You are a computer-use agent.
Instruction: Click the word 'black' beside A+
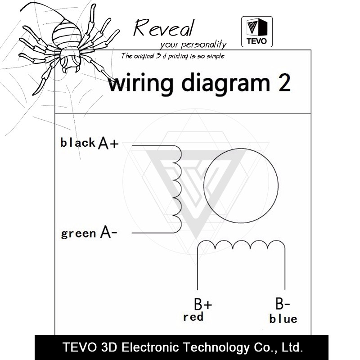click(x=78, y=143)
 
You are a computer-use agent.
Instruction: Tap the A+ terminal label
click(x=108, y=143)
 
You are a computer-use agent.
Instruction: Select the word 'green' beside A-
click(x=78, y=234)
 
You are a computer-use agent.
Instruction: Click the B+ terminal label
click(x=203, y=304)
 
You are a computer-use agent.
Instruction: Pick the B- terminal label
click(x=283, y=303)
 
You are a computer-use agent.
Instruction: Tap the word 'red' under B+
click(x=193, y=317)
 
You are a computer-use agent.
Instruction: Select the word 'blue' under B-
click(x=283, y=319)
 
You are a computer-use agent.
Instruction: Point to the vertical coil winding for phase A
click(x=181, y=189)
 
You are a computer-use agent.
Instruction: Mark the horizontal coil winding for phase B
click(x=241, y=241)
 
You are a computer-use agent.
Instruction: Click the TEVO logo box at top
click(x=257, y=31)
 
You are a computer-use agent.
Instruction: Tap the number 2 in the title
click(x=284, y=83)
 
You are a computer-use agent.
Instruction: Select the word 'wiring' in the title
click(x=141, y=84)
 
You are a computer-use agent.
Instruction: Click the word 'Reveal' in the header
click(x=164, y=28)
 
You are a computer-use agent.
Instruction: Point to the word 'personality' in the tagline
click(x=204, y=44)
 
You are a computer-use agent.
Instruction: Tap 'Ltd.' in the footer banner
click(x=292, y=347)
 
